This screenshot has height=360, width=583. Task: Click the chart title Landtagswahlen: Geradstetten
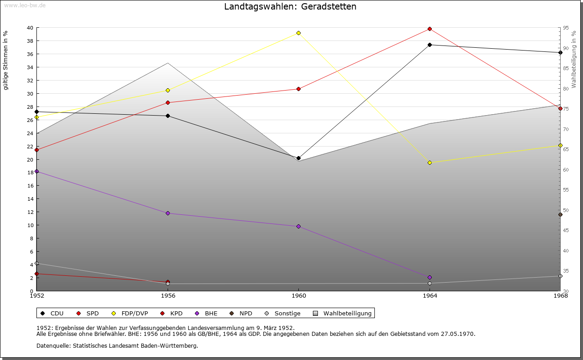point(290,7)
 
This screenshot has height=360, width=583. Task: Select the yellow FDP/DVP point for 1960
point(298,33)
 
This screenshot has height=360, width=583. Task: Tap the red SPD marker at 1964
point(430,29)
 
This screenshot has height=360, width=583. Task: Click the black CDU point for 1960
point(298,158)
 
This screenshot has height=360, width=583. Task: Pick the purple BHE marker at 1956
point(168,213)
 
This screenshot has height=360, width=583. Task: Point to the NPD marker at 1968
point(560,215)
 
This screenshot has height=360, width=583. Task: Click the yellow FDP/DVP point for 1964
point(430,162)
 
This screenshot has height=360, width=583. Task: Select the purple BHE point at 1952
point(37,171)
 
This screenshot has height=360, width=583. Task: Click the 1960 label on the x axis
point(298,296)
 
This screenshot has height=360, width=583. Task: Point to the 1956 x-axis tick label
point(168,296)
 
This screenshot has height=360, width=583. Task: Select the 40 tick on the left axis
point(30,28)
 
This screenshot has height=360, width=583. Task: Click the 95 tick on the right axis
point(566,28)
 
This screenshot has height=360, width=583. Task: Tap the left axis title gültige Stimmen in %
point(6,61)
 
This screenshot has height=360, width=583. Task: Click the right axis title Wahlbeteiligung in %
point(574,59)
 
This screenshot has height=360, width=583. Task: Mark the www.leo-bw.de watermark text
point(24,5)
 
